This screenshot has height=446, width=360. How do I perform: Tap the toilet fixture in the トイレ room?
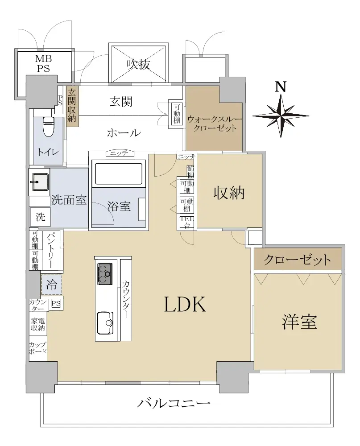(47, 126)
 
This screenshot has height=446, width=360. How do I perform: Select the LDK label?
(184, 305)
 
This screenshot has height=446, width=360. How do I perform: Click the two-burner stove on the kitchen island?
(105, 273)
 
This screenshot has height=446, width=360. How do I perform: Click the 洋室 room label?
(299, 322)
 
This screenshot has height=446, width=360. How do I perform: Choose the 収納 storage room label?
(229, 193)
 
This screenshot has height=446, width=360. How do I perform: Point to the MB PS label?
(43, 63)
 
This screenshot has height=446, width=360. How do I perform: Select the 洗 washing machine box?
(41, 217)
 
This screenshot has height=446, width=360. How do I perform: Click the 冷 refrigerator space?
(52, 285)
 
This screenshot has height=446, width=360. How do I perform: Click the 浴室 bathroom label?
(119, 207)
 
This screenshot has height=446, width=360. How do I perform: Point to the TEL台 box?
(186, 222)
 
